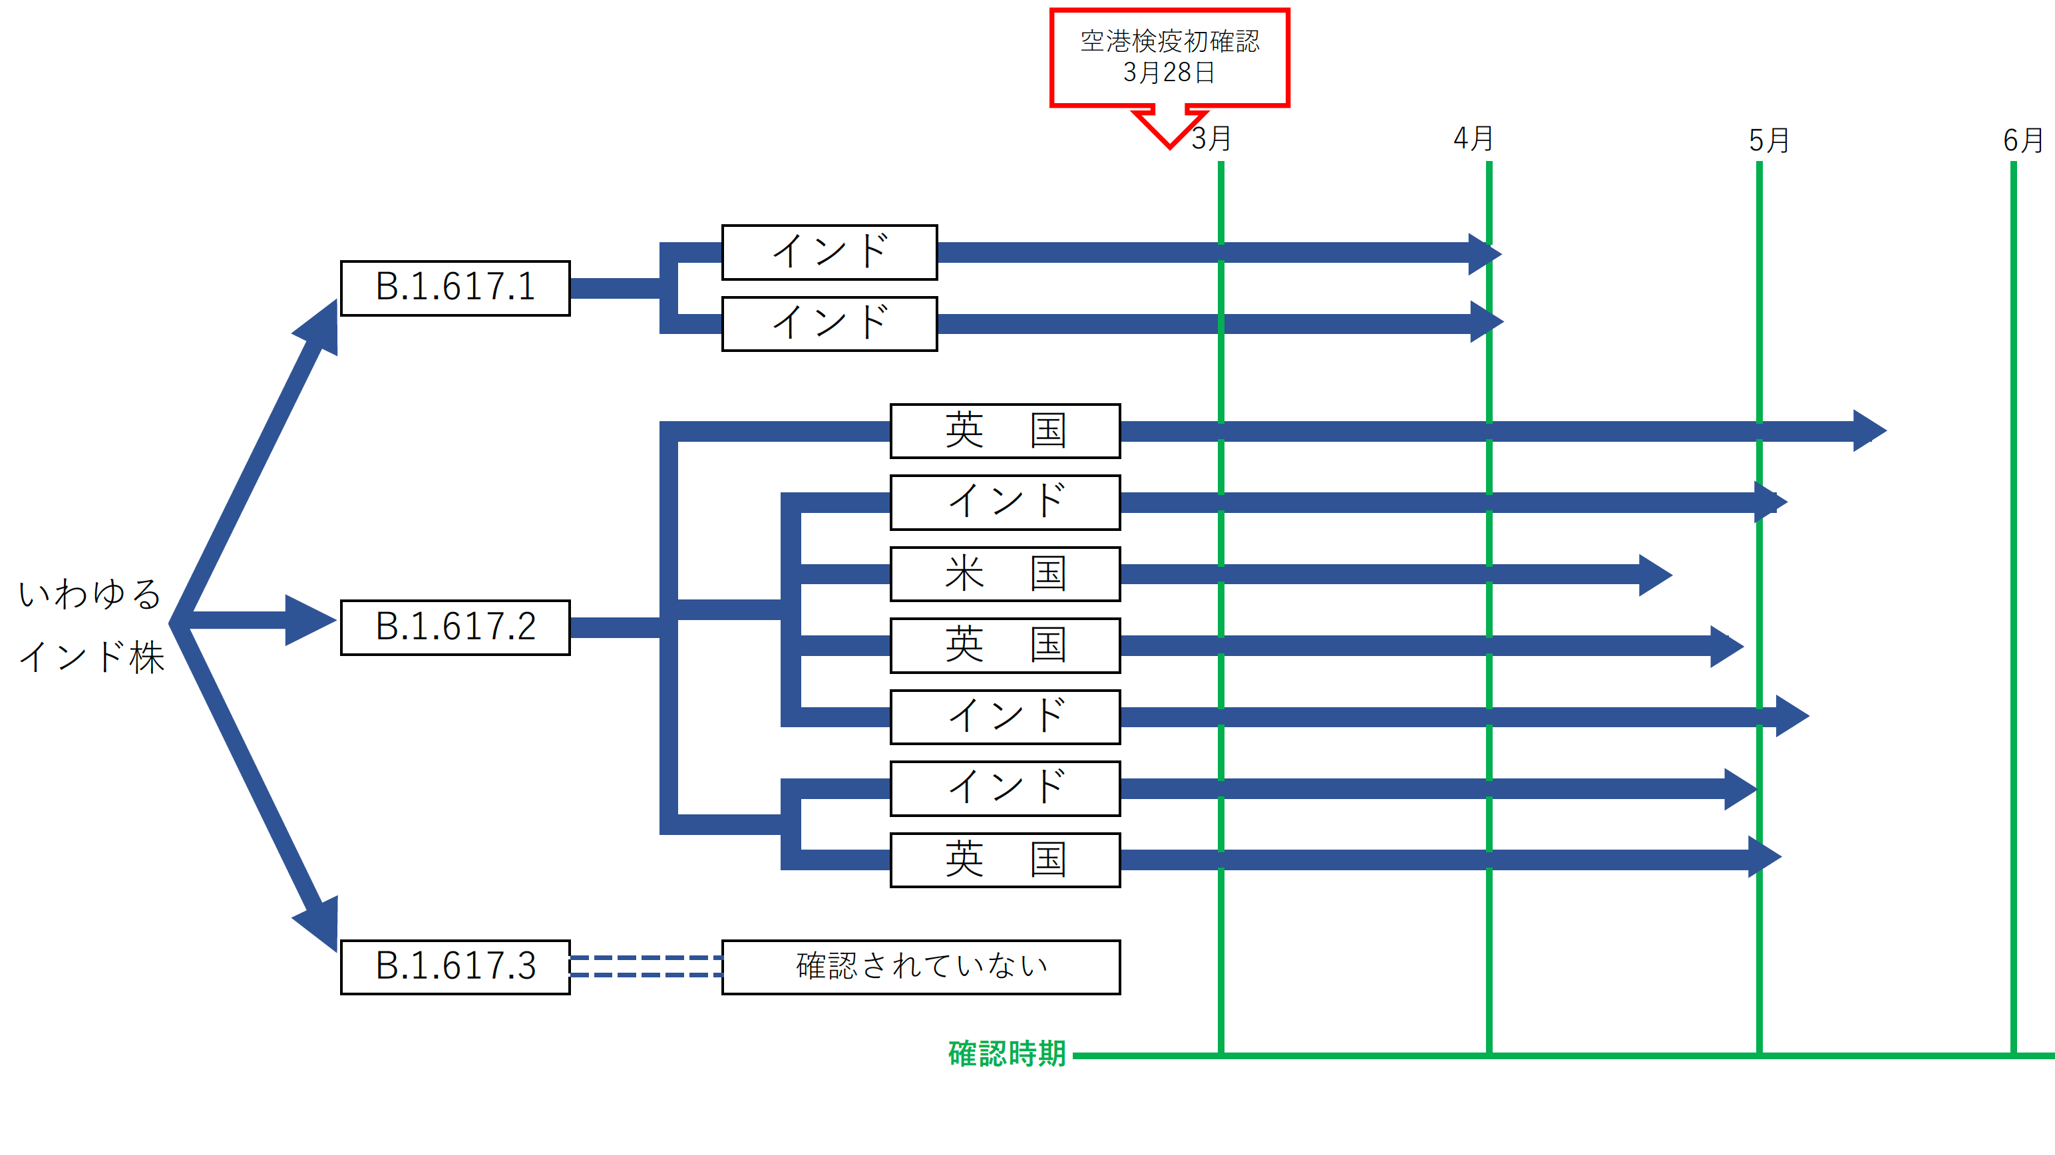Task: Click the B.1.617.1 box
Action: point(455,287)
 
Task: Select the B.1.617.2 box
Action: point(455,627)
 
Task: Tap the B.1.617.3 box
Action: point(455,967)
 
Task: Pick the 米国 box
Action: point(1004,574)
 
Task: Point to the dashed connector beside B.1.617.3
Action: point(646,966)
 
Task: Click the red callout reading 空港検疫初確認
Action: point(1169,41)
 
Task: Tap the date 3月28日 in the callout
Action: point(1169,73)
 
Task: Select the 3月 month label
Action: point(1211,140)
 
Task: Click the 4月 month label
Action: point(1473,139)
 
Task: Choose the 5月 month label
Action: point(1769,141)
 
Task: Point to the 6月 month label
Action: point(2022,141)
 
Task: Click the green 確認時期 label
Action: point(1007,1054)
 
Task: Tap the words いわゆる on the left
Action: point(90,594)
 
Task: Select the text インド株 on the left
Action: point(92,658)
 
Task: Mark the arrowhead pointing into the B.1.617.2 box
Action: point(311,620)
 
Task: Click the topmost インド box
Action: point(829,252)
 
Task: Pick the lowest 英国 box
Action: point(1004,860)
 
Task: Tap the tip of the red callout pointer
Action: point(1169,146)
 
